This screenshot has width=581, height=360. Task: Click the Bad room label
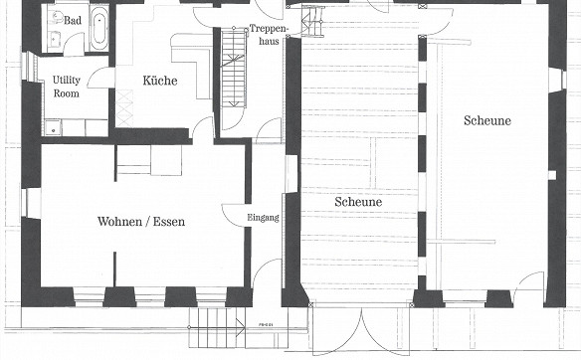pos(73,20)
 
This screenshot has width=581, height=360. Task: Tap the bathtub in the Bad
pos(98,28)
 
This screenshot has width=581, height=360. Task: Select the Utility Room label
pos(67,87)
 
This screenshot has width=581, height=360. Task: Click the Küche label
pos(160,81)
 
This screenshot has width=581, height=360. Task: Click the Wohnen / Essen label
pos(141,222)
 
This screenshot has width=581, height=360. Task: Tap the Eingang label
pos(263,218)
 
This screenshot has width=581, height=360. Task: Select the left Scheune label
pos(358,202)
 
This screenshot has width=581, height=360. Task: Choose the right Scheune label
pos(487,120)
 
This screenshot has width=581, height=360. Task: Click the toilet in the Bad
pos(57,17)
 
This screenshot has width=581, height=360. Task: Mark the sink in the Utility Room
pos(53,127)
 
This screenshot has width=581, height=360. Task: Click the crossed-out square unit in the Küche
pos(124,108)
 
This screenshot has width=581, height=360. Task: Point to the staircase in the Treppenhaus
pos(234,68)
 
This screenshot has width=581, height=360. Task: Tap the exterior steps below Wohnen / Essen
pos(217,327)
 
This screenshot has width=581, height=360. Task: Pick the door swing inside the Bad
pos(74,43)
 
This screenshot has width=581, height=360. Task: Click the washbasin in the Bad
pos(55,39)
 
